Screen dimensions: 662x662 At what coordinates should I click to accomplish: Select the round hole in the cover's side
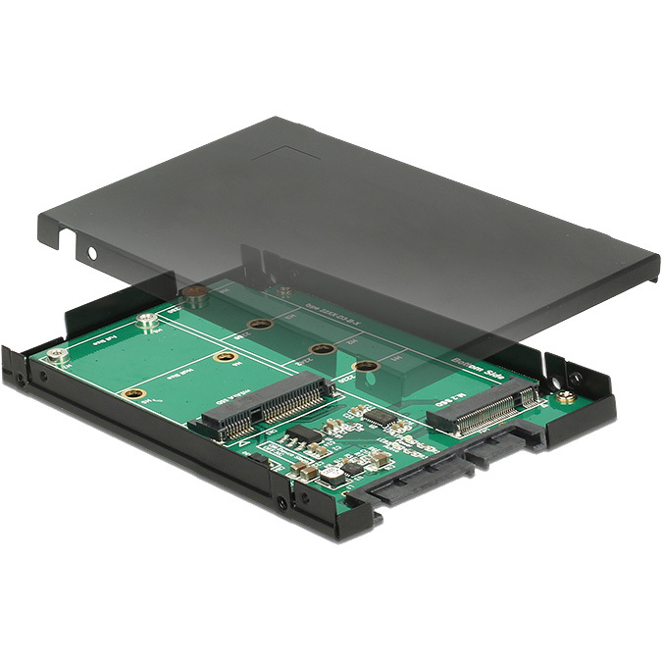(x=94, y=253)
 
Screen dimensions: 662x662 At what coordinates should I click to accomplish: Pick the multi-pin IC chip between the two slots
(x=379, y=417)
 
